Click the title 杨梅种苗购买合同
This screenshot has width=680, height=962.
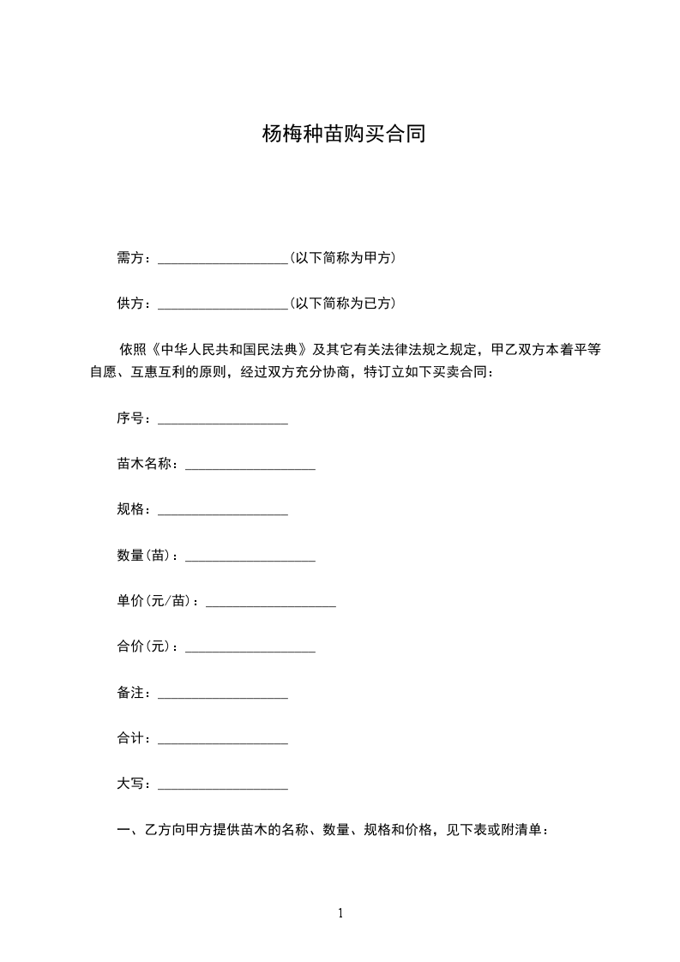[x=344, y=135]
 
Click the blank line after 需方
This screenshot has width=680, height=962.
[x=223, y=259]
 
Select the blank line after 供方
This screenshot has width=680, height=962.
[x=223, y=305]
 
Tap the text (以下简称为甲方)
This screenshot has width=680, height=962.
[x=343, y=257]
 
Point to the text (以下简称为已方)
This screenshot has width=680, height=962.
[x=343, y=304]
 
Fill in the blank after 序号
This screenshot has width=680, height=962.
[x=223, y=420]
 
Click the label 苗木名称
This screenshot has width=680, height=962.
[x=147, y=464]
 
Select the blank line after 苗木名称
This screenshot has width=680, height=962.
[x=250, y=466]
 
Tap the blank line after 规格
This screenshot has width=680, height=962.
[x=223, y=512]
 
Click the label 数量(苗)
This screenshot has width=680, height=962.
[x=147, y=556]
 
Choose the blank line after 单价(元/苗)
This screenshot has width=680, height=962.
[x=271, y=604]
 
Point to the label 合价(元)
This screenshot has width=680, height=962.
[x=147, y=647]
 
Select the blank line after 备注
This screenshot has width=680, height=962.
[x=223, y=695]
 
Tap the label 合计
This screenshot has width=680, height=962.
[x=133, y=738]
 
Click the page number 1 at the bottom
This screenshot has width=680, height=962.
[x=340, y=914]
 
